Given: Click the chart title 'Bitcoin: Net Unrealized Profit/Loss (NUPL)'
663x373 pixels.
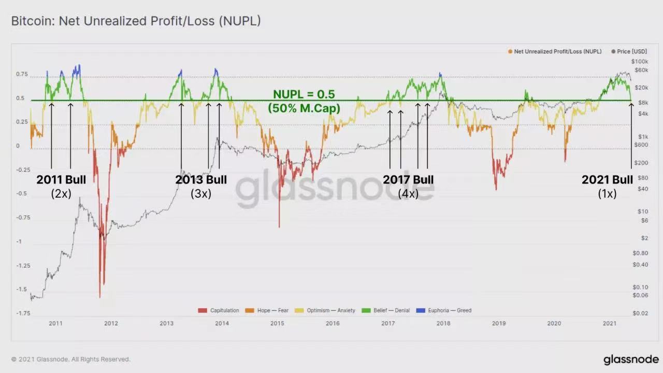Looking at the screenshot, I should pos(136,21).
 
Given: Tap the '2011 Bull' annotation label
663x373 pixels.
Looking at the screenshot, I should pos(61,180).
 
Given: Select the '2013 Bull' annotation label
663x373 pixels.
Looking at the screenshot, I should pos(201,180).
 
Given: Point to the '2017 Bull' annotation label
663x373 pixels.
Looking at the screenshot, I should pos(408,180).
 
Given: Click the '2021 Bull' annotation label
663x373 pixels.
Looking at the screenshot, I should pos(607,180).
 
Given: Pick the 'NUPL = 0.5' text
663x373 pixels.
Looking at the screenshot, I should pos(304,94).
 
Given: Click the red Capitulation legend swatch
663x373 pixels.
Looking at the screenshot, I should pos(203,311).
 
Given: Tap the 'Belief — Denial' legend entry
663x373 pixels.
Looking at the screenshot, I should pos(391,311).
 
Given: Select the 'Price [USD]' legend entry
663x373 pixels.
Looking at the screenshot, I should pos(629,52).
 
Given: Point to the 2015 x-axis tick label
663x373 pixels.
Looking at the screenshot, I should pos(277,323).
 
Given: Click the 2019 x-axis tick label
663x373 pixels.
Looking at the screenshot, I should pos(498,323).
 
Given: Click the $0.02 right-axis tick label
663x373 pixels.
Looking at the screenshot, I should pos(641,313).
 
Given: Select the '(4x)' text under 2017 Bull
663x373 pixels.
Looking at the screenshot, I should pos(408,194).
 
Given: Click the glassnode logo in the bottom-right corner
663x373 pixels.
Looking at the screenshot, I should pos(631,360).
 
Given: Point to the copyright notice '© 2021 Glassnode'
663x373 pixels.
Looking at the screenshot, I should pos(71,359).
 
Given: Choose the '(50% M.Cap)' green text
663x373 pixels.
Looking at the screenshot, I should pos(304,108).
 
